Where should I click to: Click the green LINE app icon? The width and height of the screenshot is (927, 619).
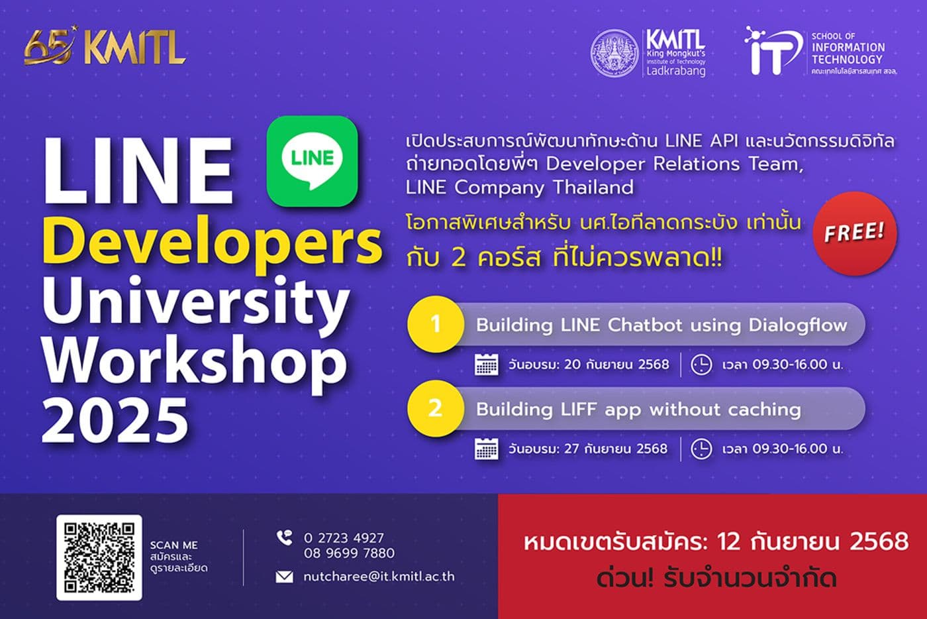click(312, 160)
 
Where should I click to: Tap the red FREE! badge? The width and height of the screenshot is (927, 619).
click(855, 233)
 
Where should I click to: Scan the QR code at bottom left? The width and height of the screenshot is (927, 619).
click(99, 557)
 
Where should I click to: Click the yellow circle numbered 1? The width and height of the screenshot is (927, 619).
click(435, 324)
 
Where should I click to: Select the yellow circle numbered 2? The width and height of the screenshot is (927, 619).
click(435, 408)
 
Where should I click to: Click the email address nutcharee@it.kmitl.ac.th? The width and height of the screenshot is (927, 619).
click(379, 577)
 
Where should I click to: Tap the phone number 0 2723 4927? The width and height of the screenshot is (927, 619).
click(344, 538)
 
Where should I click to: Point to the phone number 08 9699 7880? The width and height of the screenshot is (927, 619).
click(349, 553)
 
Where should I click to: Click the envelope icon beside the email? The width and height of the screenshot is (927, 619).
click(284, 577)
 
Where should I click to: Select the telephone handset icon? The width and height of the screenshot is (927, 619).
click(284, 537)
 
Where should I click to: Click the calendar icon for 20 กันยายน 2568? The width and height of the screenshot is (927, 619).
click(487, 365)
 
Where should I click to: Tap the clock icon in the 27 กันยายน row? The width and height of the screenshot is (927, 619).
click(701, 449)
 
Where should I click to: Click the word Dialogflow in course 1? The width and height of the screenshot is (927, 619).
click(798, 325)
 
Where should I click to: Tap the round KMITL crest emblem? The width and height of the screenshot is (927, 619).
click(614, 52)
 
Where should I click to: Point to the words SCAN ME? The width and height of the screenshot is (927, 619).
click(173, 545)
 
